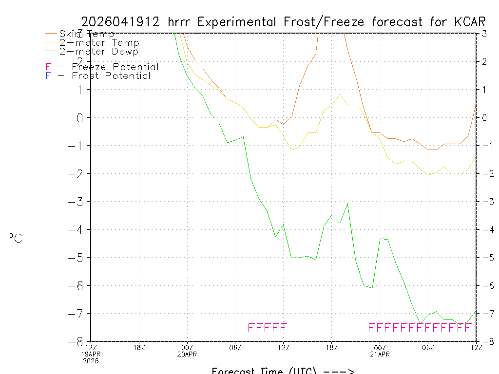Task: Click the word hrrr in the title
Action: pos(180,22)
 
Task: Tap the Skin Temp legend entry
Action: pos(87,34)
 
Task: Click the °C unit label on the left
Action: pos(16,238)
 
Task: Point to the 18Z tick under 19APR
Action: pos(139,347)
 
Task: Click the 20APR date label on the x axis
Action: pos(187,354)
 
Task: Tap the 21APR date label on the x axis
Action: pos(380,354)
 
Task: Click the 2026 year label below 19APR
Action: pos(91,361)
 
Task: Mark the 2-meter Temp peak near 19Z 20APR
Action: pos(340,94)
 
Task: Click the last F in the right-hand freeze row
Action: pos(468,327)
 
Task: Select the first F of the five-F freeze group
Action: pos(251,327)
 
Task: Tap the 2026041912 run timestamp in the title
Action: pos(121,22)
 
